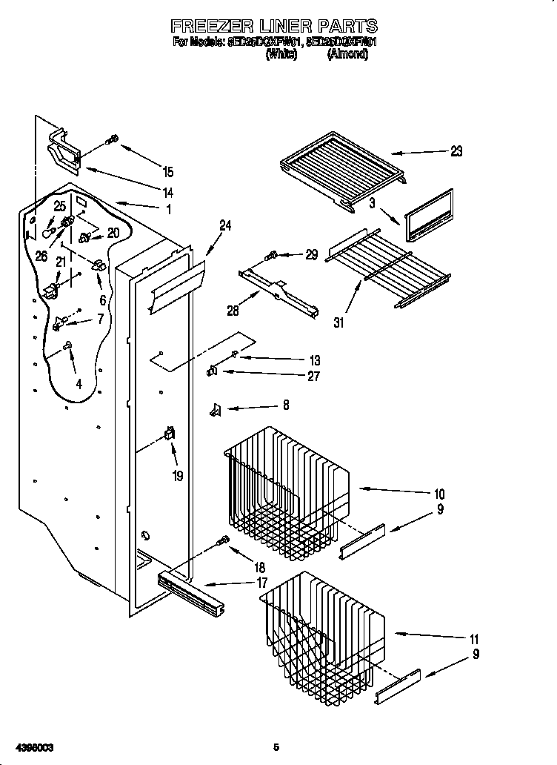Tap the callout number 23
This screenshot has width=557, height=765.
(456, 151)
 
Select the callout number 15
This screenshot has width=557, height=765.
(168, 172)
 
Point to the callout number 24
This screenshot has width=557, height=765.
(225, 226)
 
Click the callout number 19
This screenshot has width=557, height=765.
(177, 476)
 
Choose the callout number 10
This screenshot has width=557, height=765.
(438, 494)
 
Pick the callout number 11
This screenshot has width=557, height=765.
(474, 639)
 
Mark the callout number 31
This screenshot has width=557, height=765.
(340, 322)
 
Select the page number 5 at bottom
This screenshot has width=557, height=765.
(276, 746)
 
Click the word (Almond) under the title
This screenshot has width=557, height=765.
(347, 54)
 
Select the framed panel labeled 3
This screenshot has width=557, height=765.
(429, 215)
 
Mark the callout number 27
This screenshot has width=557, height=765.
(313, 377)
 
